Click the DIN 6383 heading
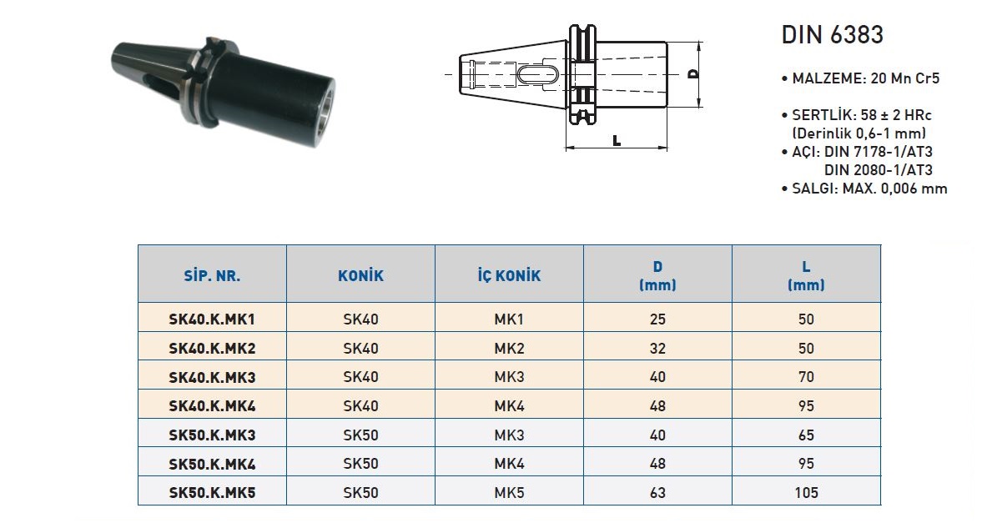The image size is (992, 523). pos(832,35)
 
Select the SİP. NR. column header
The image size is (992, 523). pos(212,276)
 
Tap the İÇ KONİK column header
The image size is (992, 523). pos(509,276)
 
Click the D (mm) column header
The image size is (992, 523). pos(657,276)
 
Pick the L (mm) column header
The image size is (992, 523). pos(806,276)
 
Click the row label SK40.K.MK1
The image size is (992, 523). pos(212,319)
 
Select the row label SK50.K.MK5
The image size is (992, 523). pos(212,493)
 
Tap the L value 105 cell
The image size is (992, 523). pos(806,493)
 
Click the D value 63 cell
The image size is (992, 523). pos(657,493)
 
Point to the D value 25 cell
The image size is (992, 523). pos(657,319)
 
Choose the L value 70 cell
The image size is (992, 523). pos(806,377)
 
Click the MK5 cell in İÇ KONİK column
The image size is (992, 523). pos(509,493)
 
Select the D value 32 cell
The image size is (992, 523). pos(657,349)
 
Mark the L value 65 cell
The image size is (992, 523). pos(806,435)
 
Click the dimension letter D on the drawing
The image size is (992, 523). pos(693,74)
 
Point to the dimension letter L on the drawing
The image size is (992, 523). pos(617,140)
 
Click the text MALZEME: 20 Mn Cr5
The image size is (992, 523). pos(860,78)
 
